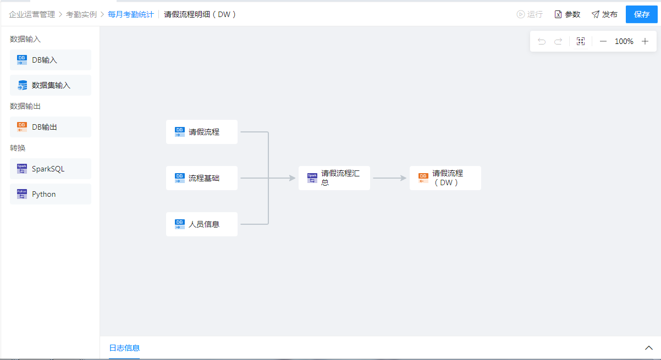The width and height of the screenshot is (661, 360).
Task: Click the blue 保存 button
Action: pos(642,14)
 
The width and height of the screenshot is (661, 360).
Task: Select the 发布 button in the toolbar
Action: pos(604,14)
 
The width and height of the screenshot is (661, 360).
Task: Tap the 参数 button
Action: pos(567,14)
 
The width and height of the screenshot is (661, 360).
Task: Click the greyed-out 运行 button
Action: pos(530,14)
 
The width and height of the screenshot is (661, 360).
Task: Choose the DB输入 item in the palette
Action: pos(51,60)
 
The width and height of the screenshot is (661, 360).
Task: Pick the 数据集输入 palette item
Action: pos(51,85)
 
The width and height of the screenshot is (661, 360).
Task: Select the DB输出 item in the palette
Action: pos(51,127)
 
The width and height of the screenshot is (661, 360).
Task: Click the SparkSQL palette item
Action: pos(51,169)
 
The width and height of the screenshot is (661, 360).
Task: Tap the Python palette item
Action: pos(51,194)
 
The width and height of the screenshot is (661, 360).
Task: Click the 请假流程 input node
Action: pos(202,132)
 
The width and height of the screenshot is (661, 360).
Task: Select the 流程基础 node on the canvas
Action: pos(202,178)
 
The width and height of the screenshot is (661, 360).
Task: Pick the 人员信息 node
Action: pos(202,224)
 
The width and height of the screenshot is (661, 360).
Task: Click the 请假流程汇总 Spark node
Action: pos(334,178)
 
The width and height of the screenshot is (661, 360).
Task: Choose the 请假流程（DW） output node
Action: pos(445,178)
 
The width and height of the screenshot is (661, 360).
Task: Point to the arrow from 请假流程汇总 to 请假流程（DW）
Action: pos(389,178)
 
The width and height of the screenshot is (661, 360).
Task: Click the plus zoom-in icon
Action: pos(645,41)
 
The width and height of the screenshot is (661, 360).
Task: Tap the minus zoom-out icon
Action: pos(603,41)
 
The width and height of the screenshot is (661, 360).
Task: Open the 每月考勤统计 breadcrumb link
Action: pos(131,14)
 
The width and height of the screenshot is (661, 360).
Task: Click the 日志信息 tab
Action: pos(124,348)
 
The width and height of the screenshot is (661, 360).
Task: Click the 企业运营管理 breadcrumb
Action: pos(32,14)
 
